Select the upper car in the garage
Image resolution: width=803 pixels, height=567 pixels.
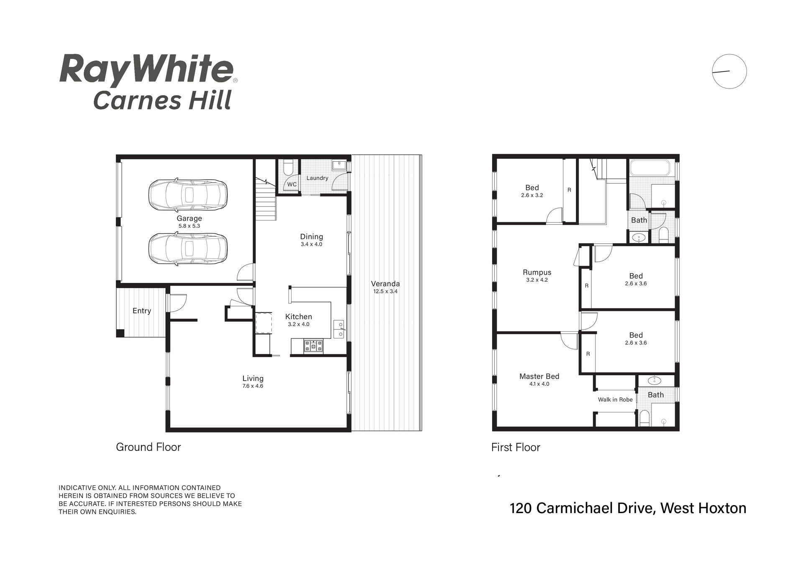pos(188,195)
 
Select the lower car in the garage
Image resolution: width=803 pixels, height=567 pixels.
pos(188,249)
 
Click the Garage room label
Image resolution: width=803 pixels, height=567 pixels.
pos(189,218)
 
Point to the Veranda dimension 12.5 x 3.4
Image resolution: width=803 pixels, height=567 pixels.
pos(385,291)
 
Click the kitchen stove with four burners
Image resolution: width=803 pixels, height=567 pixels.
pos(313,346)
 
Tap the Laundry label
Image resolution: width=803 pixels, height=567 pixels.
pos(317,178)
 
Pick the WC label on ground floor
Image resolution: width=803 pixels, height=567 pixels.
pos(292,184)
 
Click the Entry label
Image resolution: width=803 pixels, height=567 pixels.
pos(142,310)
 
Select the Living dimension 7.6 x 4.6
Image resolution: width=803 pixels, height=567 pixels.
pos(253,386)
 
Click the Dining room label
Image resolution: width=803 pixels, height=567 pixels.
pos(312,236)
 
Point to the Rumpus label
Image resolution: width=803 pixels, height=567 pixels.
pos(537,272)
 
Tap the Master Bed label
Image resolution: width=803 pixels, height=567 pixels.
pos(539,376)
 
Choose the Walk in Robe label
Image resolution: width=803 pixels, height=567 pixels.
pos(615,399)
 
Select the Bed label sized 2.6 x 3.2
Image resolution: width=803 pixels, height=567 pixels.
pos(532,188)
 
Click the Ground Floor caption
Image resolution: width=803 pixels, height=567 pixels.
pos(148,447)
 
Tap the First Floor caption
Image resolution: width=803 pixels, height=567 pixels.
pos(516,447)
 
